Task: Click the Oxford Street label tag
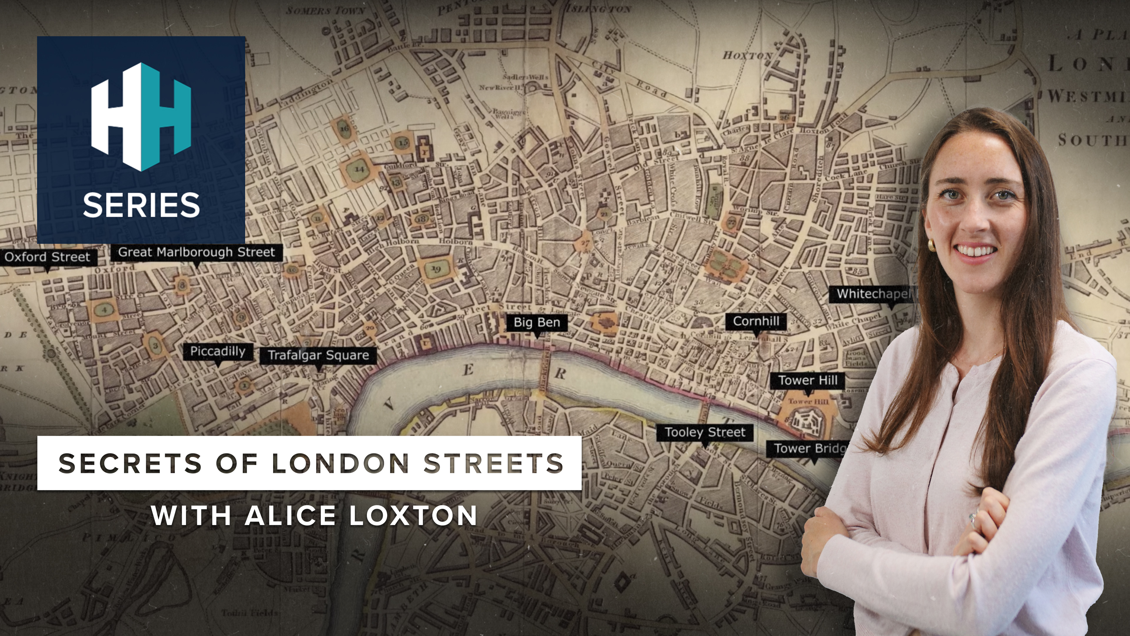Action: pos(47,257)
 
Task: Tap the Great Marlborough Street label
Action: pos(197,252)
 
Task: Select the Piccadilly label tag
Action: pos(217,352)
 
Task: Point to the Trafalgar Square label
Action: pos(318,355)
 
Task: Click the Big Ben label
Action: pos(537,323)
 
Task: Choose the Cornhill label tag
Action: pos(756,321)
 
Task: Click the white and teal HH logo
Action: pos(141,116)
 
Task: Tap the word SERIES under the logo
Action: pos(141,205)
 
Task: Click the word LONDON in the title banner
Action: pos(340,463)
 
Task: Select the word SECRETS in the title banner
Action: pos(130,463)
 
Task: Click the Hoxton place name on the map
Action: pos(747,56)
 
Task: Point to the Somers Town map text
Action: pos(325,10)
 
